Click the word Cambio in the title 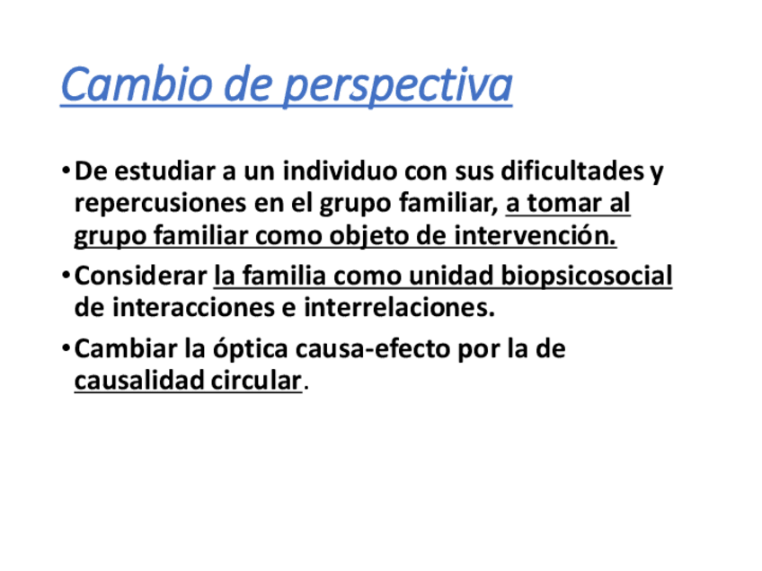coord(137,84)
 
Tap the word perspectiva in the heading coord(398,86)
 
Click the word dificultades coord(572,171)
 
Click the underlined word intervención coord(535,235)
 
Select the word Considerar coord(141,276)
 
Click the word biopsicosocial coord(587,277)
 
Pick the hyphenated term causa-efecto coord(373,348)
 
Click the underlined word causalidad coord(139,380)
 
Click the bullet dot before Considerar coord(66,276)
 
